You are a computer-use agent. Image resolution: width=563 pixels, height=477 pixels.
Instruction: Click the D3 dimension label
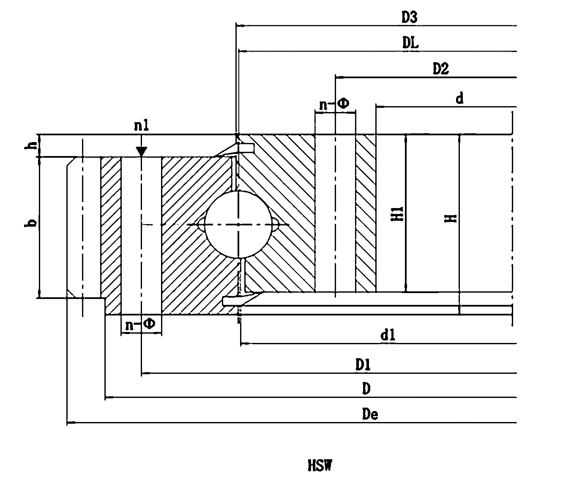410,17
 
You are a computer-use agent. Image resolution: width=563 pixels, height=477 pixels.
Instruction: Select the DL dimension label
410,43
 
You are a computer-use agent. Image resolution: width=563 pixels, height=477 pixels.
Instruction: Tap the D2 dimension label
441,69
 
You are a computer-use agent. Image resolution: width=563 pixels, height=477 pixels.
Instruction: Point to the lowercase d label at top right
459,98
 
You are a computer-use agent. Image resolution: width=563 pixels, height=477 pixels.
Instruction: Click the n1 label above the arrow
141,126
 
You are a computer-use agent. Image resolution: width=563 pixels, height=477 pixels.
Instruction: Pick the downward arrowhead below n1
141,151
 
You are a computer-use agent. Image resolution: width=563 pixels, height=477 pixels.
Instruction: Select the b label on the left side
31,223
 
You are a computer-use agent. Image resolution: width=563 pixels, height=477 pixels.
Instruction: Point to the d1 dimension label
388,335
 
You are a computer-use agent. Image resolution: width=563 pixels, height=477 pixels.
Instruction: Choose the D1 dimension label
363,365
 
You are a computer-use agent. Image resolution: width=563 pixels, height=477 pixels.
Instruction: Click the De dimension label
370,414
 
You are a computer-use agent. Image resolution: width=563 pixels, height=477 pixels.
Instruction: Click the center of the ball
238,225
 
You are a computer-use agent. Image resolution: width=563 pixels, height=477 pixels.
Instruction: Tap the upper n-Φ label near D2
334,104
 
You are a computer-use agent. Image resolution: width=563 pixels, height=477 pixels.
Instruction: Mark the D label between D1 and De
366,389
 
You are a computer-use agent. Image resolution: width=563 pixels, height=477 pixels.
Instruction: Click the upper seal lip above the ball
246,148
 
